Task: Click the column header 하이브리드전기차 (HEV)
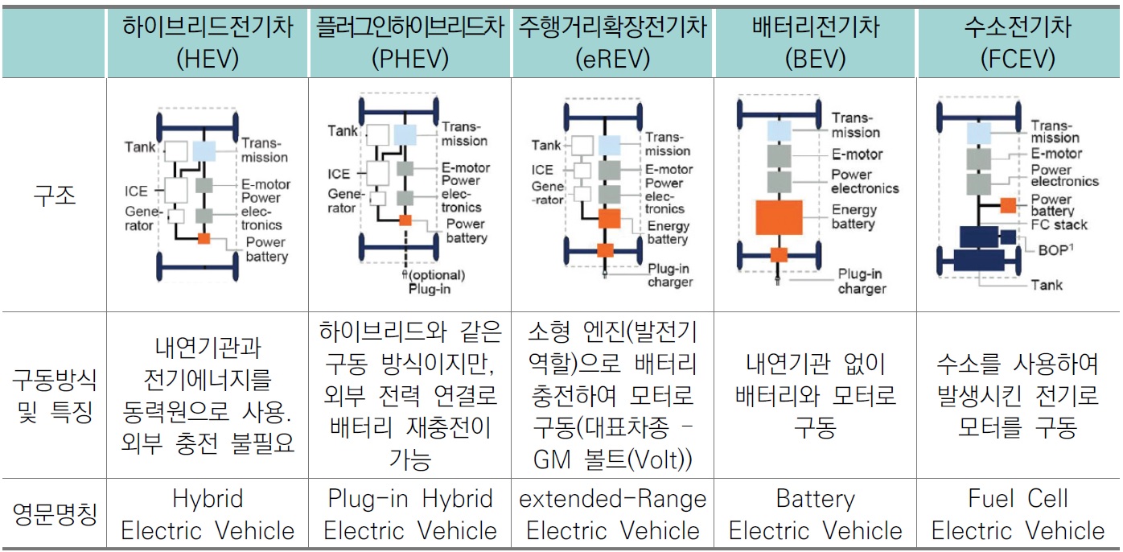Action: tap(207, 42)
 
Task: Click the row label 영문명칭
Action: tap(54, 515)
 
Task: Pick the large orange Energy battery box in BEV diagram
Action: tap(778, 217)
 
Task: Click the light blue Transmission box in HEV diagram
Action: tap(204, 150)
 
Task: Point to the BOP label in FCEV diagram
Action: tap(1055, 249)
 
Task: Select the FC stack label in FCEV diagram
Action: tap(1059, 225)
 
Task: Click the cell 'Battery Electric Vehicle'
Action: tap(815, 515)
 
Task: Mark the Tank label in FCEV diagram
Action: tap(1047, 284)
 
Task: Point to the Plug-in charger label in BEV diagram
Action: tap(861, 281)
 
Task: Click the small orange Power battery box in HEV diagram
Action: tap(204, 238)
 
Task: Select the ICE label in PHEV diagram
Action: tap(339, 174)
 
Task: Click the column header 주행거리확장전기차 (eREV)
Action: tap(612, 42)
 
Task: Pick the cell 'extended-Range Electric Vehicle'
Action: tap(612, 515)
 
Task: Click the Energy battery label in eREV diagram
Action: tap(668, 233)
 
